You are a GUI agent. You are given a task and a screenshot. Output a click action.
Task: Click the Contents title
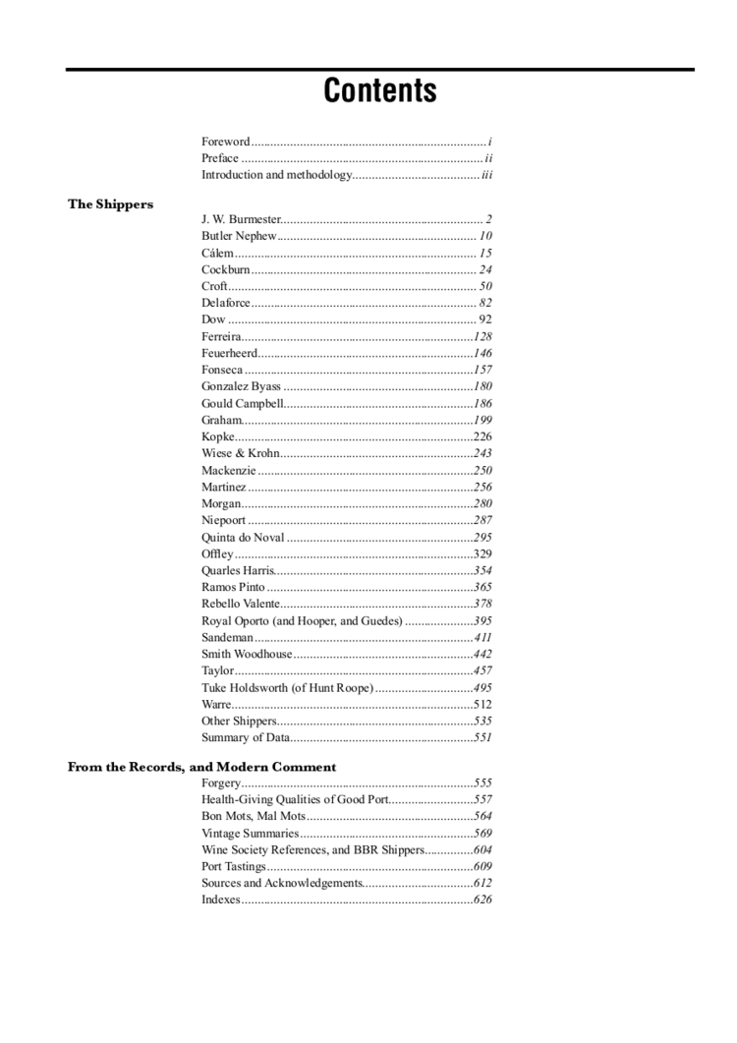pos(380,91)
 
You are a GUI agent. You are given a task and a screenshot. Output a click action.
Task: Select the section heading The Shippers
pos(110,204)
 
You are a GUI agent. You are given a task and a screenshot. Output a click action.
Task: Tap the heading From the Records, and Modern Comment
pos(201,767)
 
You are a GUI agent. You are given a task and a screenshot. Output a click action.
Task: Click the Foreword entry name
pos(225,142)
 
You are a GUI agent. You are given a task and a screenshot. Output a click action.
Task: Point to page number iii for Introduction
pos(486,175)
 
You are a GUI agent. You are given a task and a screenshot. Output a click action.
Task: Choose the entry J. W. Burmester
pos(241,219)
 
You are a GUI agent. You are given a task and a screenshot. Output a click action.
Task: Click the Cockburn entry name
pos(225,269)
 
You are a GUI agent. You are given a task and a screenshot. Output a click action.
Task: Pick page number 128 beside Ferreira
pos(482,336)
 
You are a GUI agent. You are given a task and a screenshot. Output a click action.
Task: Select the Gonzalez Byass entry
pos(241,386)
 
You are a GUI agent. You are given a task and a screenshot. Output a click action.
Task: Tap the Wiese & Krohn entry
pos(240,453)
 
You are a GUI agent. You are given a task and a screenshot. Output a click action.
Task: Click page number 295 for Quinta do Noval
pos(482,537)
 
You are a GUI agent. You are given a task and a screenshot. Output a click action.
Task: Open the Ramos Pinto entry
pos(233,587)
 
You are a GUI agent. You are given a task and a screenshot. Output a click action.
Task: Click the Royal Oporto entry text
pos(302,621)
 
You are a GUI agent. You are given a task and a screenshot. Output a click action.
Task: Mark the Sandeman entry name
pos(228,638)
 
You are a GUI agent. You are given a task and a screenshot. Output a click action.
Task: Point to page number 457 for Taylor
pos(482,670)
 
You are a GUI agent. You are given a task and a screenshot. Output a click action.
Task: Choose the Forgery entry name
pos(220,783)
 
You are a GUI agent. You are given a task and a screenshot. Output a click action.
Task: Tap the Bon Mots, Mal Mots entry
pos(254,817)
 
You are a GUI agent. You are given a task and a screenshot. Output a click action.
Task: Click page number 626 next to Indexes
pos(482,899)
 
